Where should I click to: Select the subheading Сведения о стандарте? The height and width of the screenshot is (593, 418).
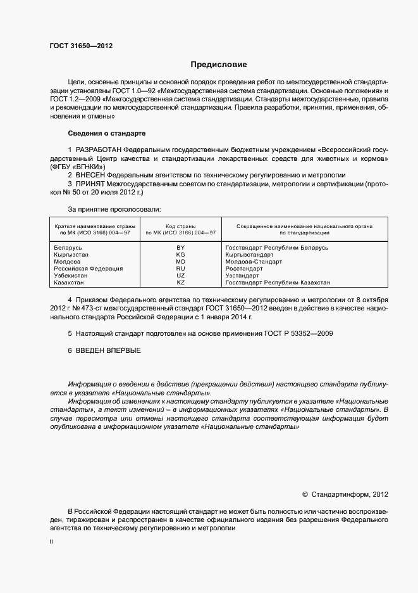click(106, 134)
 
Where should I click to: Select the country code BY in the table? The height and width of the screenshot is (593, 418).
click(180, 247)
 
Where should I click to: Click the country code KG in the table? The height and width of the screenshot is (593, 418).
click(180, 254)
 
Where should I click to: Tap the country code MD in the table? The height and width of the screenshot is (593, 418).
click(180, 261)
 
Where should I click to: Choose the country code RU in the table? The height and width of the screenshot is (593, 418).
click(180, 268)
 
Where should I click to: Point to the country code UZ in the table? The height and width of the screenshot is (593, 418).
click(180, 276)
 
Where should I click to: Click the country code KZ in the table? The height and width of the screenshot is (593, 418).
click(180, 283)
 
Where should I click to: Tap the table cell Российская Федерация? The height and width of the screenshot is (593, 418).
click(89, 268)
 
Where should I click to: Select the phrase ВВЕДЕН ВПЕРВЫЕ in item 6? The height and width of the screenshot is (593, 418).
click(108, 350)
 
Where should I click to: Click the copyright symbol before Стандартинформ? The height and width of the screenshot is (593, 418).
click(305, 494)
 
